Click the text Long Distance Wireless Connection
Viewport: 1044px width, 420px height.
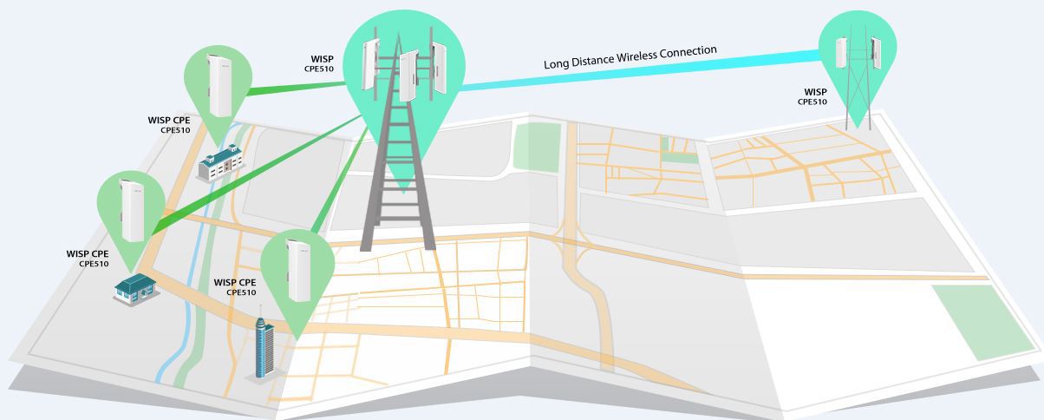coord(630,57)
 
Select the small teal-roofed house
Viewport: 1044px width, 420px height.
coord(135,289)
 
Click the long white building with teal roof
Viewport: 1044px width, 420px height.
coord(220,162)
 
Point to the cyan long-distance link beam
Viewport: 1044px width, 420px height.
coord(639,70)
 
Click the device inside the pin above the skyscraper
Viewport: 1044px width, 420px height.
coord(299,271)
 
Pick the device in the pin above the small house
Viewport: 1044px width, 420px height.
coord(132,211)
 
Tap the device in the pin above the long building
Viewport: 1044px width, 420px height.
coord(219,85)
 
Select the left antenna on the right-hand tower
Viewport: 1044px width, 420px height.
coord(841,53)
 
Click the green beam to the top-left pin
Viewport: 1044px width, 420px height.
coord(296,89)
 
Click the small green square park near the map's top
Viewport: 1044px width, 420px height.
coord(537,146)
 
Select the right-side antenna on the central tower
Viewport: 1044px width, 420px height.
coord(439,68)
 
